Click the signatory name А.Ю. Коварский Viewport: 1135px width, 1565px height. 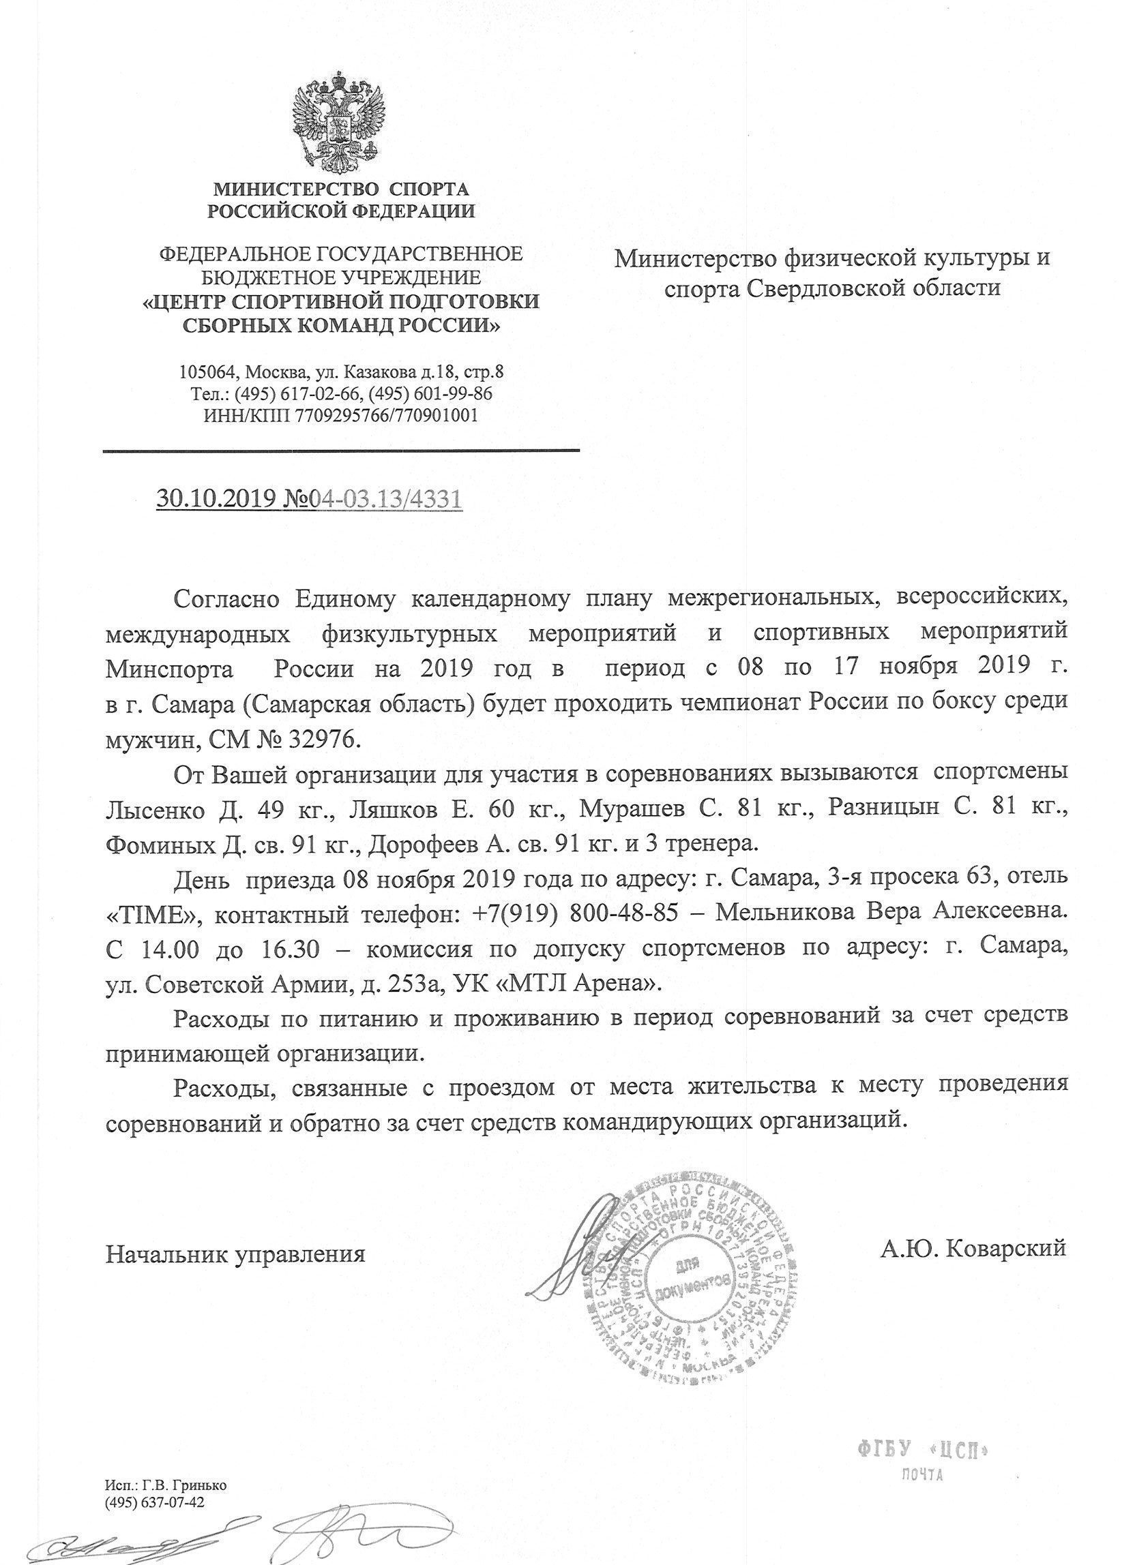point(973,1247)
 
